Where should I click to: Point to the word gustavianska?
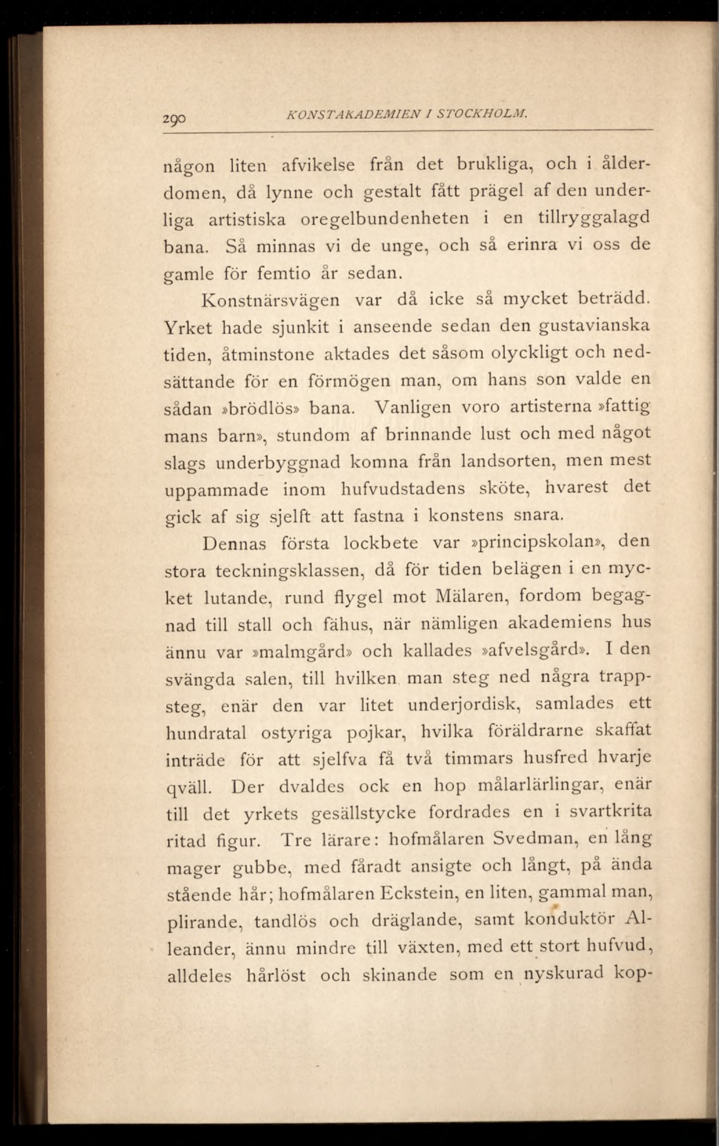tap(594, 327)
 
